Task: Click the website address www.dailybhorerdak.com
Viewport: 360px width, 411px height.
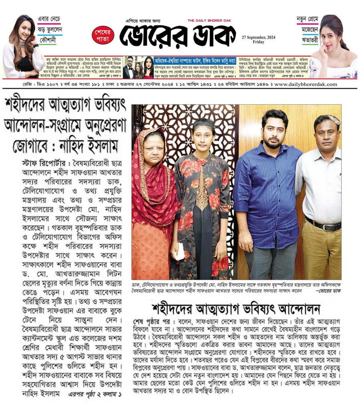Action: tap(305, 84)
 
